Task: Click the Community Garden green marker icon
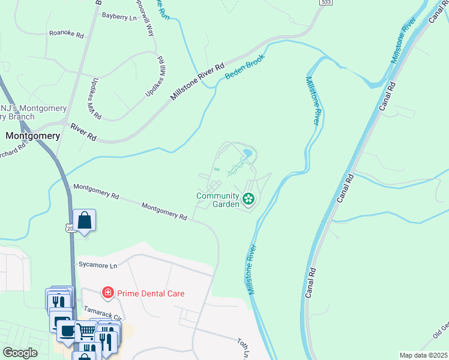point(247,199)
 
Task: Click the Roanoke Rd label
point(66,34)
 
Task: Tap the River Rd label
point(83,132)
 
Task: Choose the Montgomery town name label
point(32,136)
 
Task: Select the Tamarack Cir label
point(102,314)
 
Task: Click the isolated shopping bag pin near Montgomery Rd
point(85,220)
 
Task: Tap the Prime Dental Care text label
point(151,293)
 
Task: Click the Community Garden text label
point(217,199)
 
